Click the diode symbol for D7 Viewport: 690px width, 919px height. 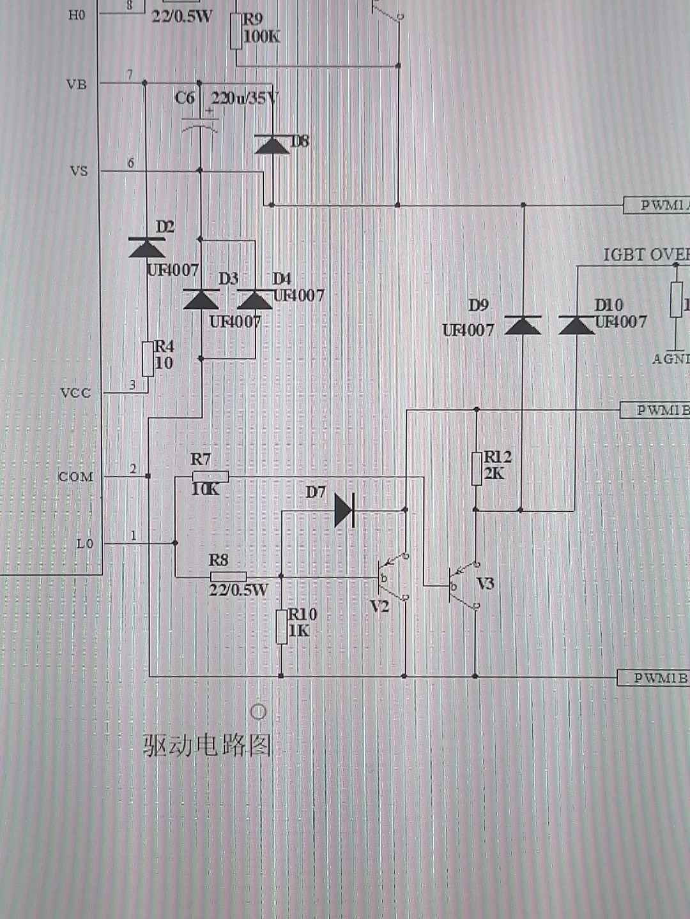click(344, 510)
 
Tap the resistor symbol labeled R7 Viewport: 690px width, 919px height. click(210, 476)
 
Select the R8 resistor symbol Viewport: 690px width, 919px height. click(228, 577)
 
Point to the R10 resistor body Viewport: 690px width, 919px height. click(281, 626)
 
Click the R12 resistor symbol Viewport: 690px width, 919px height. click(476, 468)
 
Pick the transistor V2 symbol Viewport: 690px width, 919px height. click(392, 578)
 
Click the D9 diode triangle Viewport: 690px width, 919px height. click(523, 325)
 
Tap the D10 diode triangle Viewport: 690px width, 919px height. click(576, 325)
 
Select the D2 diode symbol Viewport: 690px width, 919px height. click(146, 248)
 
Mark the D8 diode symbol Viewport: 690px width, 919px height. click(272, 145)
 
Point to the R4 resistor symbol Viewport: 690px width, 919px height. click(148, 358)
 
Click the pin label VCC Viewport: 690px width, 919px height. click(75, 393)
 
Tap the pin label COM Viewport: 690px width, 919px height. click(75, 477)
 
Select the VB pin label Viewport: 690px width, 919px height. click(76, 84)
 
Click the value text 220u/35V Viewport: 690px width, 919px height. click(245, 98)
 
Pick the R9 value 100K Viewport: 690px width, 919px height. click(261, 36)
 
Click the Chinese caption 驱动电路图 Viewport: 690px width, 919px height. click(207, 745)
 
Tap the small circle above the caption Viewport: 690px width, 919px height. click(258, 712)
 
